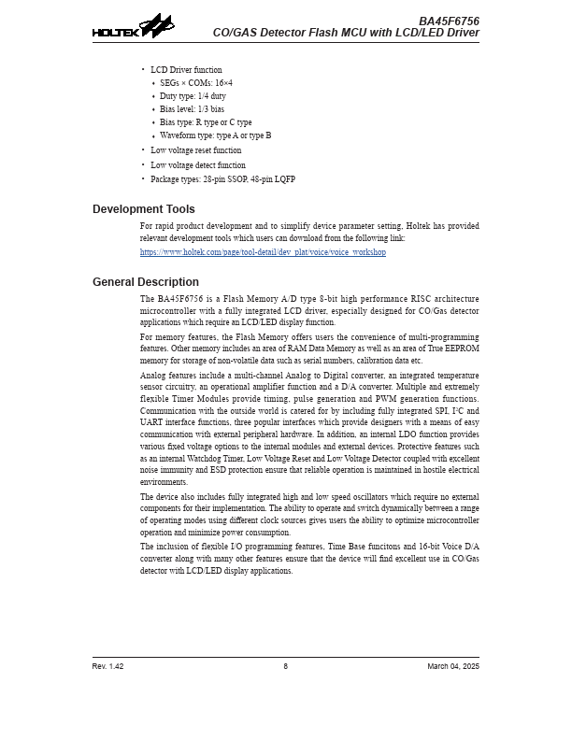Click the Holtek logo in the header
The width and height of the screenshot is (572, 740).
133,27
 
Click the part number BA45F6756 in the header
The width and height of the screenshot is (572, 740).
449,21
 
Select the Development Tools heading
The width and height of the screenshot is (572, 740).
143,209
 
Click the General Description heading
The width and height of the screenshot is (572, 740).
145,282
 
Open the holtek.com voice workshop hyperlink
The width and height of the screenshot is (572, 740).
263,252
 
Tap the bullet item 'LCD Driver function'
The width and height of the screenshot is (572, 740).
186,70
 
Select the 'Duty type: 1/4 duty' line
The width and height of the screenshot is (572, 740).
193,96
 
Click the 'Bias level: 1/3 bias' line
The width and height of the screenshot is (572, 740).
192,109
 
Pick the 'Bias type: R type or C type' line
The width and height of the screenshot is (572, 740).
206,122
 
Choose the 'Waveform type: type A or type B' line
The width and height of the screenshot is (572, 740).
215,135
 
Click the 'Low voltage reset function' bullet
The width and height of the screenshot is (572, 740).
195,150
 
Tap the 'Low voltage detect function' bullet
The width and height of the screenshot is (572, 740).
198,165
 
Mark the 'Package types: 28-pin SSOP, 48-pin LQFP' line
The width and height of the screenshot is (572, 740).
222,179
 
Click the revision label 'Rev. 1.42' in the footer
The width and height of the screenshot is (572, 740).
107,666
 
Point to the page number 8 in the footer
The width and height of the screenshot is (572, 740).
286,666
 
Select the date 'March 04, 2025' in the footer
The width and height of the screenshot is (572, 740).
453,666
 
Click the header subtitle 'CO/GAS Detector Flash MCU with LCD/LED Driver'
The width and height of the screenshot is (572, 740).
346,33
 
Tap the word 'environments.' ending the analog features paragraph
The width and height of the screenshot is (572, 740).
164,482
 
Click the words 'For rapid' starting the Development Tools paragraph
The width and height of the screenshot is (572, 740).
156,226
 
